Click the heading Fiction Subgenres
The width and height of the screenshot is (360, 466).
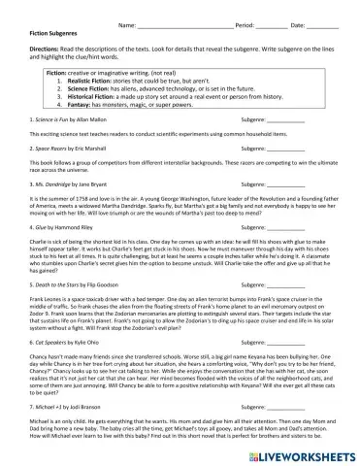tap(42, 33)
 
